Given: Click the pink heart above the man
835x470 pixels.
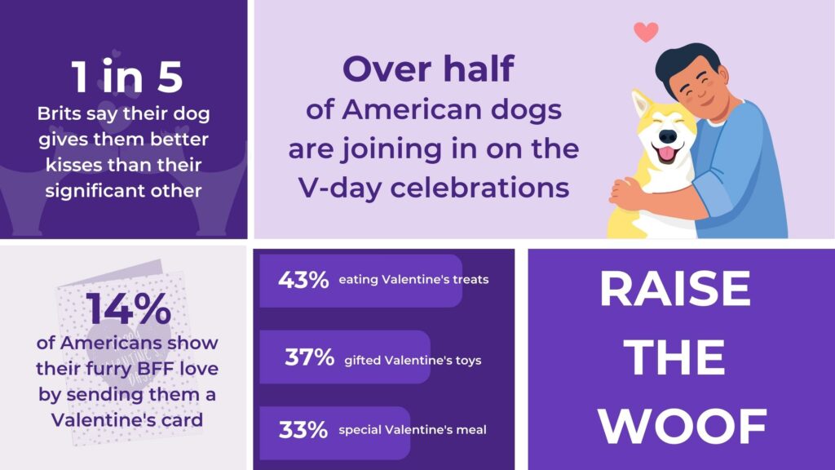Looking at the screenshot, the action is (646, 32).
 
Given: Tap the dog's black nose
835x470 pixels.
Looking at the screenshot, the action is (667, 136).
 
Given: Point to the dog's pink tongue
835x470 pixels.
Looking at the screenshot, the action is (666, 154).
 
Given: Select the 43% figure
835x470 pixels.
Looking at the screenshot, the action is (303, 279).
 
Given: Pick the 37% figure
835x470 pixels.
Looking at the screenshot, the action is (309, 357).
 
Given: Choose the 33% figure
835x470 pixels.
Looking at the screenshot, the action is (303, 429).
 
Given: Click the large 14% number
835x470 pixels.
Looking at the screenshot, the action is (129, 308).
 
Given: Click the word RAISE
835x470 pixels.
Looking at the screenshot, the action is (675, 289).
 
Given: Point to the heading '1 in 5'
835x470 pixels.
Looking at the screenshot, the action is (127, 77).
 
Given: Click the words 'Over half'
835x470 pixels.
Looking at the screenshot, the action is (429, 69).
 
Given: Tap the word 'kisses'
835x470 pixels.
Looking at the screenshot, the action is (73, 165).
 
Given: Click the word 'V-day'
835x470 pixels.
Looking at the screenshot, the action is (341, 188).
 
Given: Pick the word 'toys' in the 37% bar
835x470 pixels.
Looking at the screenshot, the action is (468, 361).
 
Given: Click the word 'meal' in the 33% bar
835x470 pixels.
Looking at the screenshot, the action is (472, 429).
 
